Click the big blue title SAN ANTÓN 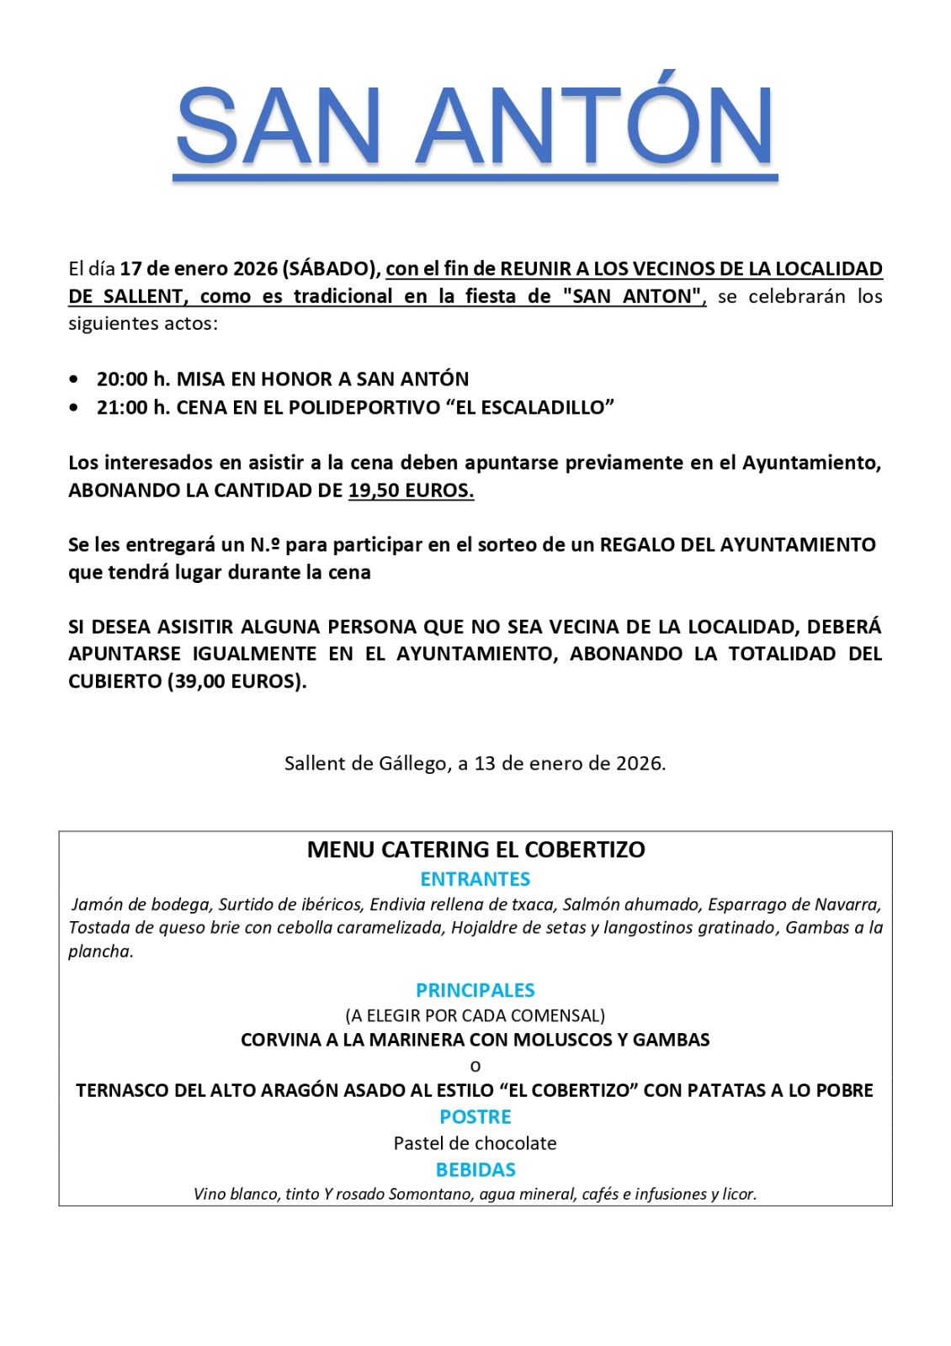pyautogui.click(x=475, y=126)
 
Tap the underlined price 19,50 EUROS pyautogui.click(x=411, y=490)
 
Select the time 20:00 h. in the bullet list pyautogui.click(x=133, y=379)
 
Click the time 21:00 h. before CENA pyautogui.click(x=133, y=408)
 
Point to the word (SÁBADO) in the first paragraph pyautogui.click(x=330, y=269)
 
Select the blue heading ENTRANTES pyautogui.click(x=475, y=879)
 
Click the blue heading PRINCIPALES pyautogui.click(x=475, y=990)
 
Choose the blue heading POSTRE pyautogui.click(x=475, y=1117)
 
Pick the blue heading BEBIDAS pyautogui.click(x=475, y=1170)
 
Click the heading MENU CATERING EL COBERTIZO pyautogui.click(x=475, y=850)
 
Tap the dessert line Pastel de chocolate pyautogui.click(x=475, y=1143)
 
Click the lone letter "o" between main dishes pyautogui.click(x=475, y=1066)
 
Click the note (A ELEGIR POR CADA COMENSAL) pyautogui.click(x=475, y=1015)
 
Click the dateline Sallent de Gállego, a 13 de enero pyautogui.click(x=475, y=764)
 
